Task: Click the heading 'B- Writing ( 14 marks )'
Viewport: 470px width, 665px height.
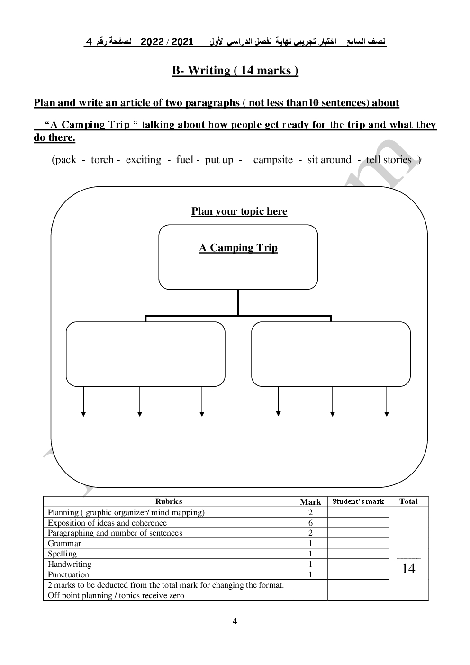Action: (x=235, y=71)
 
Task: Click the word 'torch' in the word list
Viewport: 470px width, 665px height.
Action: (x=102, y=160)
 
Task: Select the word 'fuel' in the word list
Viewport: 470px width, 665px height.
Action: (x=184, y=160)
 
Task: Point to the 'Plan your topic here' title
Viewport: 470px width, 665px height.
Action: (x=239, y=211)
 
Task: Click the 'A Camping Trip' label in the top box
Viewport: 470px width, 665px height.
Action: (x=238, y=248)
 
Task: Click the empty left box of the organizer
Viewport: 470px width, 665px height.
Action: (x=145, y=354)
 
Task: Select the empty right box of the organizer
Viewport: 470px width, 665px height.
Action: (x=331, y=354)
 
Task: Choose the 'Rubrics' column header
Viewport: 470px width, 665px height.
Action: (x=169, y=501)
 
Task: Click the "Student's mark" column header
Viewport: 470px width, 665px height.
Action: (x=358, y=501)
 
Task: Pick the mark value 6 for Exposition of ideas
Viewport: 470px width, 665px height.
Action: (x=311, y=523)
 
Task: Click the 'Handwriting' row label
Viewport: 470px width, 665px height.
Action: (x=70, y=564)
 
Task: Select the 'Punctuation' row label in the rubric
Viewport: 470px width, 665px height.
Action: (x=68, y=574)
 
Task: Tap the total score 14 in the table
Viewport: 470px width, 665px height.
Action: (x=408, y=568)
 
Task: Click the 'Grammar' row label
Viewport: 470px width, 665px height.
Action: (x=64, y=543)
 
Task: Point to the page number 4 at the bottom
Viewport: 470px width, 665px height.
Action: (x=235, y=621)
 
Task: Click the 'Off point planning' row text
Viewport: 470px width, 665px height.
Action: (x=116, y=595)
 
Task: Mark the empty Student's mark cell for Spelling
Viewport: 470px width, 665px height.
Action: (x=358, y=554)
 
